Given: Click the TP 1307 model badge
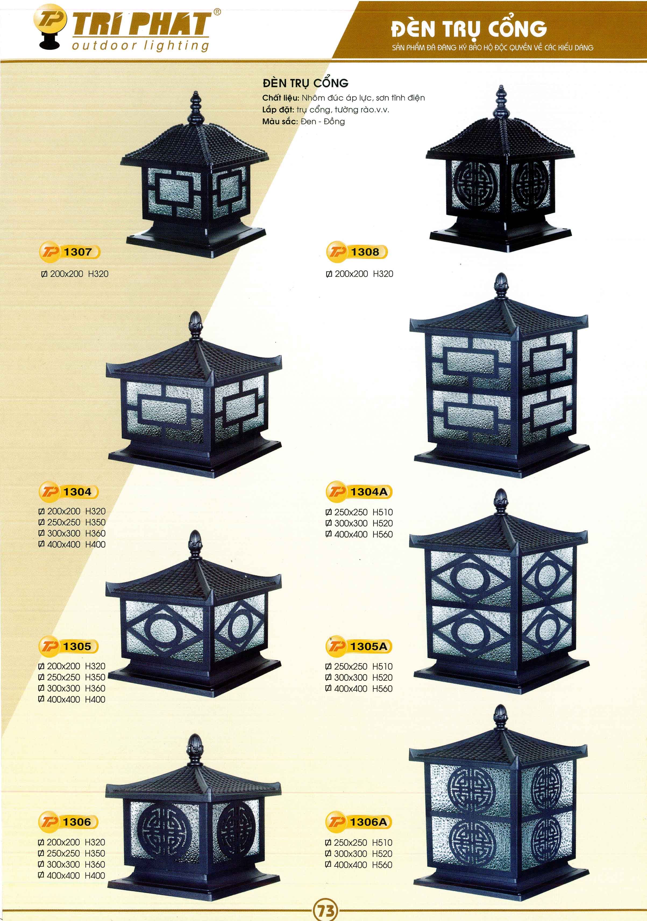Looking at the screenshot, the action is [69, 252].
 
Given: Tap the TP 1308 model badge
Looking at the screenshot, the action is [357, 252].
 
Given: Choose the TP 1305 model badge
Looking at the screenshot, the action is [68, 646].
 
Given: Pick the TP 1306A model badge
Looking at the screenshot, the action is [358, 822].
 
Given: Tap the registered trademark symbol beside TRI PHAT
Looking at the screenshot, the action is [217, 12].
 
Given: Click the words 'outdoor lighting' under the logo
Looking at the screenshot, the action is [141, 46].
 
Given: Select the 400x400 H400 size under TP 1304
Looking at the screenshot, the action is [72, 544].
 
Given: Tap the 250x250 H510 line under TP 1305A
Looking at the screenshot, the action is [359, 666].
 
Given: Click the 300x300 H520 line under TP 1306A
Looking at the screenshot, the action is [359, 853].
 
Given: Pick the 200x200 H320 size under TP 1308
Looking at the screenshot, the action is [360, 274].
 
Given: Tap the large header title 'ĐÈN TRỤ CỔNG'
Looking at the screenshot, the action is [469, 29].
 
